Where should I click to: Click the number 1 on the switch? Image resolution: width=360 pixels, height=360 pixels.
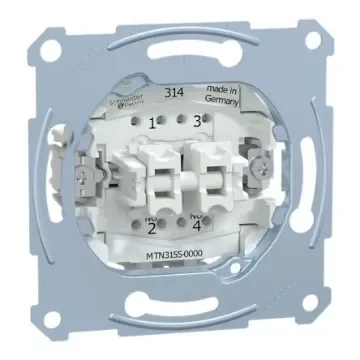pyautogui.click(x=153, y=124)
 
